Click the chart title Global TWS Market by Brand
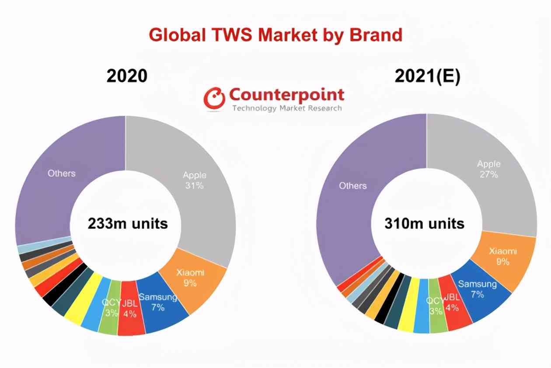point(275,35)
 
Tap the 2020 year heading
point(127,76)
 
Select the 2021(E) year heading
point(427,76)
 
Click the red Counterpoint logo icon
point(214,98)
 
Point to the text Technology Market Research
point(287,108)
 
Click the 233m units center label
point(128,223)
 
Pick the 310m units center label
point(424,223)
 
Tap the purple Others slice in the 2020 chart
point(61,179)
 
